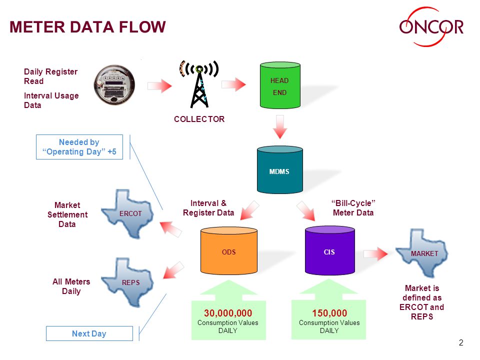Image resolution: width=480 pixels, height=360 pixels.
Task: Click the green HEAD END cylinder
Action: [x=280, y=85]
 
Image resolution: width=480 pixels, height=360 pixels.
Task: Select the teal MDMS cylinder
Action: [x=280, y=170]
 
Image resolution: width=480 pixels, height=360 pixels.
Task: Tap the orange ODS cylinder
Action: [x=229, y=250]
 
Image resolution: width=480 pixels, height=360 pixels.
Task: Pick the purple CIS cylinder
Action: [x=330, y=250]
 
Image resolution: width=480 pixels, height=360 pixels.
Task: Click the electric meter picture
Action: [x=114, y=85]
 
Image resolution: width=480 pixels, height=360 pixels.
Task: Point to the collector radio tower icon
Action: [x=199, y=84]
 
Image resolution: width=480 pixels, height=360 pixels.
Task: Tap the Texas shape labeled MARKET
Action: [x=422, y=253]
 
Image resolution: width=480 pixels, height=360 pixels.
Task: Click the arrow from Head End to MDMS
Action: [x=280, y=126]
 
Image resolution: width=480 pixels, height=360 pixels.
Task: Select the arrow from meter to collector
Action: [x=159, y=86]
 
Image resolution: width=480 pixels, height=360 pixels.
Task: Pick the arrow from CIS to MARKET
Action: [x=375, y=254]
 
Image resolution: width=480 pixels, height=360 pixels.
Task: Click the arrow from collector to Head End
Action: [x=233, y=84]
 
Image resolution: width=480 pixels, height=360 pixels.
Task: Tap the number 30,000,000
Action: [x=228, y=313]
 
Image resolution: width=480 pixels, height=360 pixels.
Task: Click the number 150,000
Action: [x=329, y=313]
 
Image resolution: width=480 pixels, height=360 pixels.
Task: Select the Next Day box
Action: [x=89, y=333]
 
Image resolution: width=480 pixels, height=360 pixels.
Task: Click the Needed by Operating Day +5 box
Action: [x=79, y=147]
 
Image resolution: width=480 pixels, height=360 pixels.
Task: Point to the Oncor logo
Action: [x=431, y=26]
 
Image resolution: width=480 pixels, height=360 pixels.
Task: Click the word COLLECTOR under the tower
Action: [x=199, y=119]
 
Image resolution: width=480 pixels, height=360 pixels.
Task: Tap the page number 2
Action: [x=461, y=342]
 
